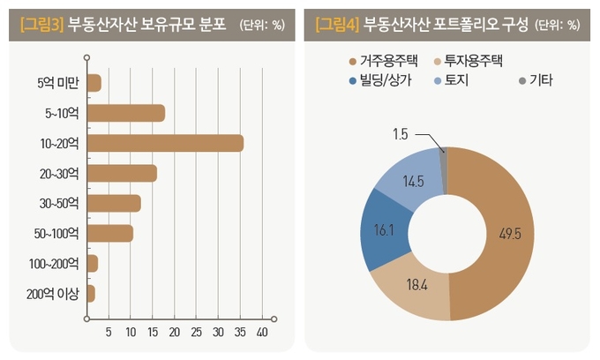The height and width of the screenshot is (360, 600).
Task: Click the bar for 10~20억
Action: tap(165, 143)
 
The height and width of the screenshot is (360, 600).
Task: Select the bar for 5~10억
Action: tap(126, 113)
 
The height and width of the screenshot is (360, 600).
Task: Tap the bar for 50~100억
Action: tap(110, 233)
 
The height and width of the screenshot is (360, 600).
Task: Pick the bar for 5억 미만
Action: tap(94, 83)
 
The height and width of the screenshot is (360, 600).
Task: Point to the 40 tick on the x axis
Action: tap(261, 333)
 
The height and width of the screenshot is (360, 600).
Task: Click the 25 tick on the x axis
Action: tap(196, 333)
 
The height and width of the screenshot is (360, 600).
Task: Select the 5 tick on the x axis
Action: tap(109, 333)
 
